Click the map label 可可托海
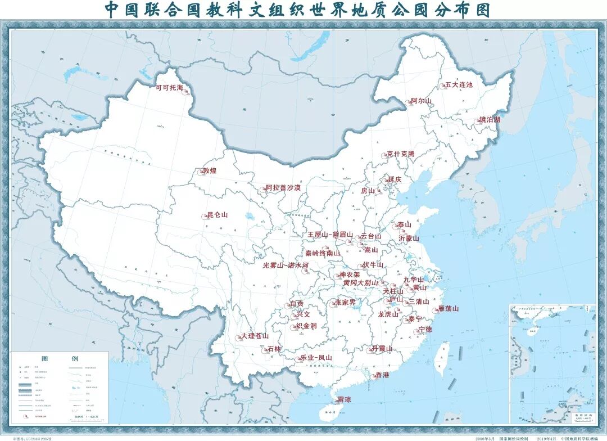[x=169, y=88]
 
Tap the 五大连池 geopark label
[x=459, y=85]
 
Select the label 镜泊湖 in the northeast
[x=490, y=120]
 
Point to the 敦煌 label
[x=210, y=170]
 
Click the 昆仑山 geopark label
[x=218, y=215]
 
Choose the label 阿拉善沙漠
[x=283, y=187]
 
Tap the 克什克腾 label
[x=400, y=154]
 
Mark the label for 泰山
[x=405, y=224]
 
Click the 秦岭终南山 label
[x=323, y=253]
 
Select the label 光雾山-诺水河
[x=286, y=265]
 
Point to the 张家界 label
[x=345, y=302]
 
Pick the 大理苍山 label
[x=255, y=336]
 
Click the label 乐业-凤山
[x=316, y=357]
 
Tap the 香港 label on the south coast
[x=382, y=375]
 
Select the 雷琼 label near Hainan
[x=344, y=400]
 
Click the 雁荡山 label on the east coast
[x=448, y=308]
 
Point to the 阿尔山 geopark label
[x=421, y=101]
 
